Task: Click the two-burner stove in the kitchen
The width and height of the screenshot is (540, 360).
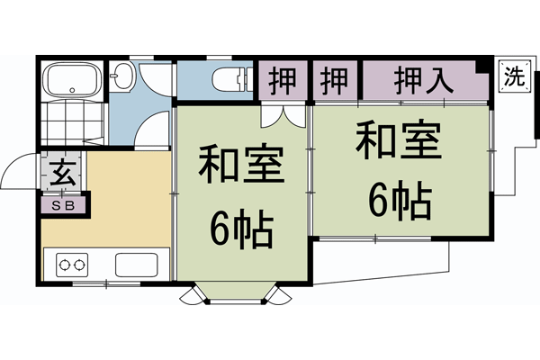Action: [x=72, y=265]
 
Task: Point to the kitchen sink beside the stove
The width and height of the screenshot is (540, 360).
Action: [x=136, y=265]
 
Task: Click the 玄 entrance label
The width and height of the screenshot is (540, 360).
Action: [x=63, y=171]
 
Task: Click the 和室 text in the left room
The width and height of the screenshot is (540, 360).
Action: [x=240, y=166]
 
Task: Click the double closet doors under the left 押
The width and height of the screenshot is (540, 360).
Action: [x=280, y=115]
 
